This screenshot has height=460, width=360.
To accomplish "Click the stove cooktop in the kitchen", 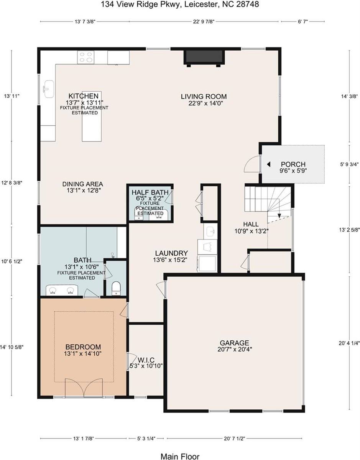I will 86,58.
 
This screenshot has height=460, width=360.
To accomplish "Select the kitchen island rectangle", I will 90,127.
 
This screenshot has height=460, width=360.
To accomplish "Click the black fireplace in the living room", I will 204,58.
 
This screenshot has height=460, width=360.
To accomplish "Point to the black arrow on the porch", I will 269,164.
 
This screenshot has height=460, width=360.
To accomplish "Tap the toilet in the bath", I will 116,289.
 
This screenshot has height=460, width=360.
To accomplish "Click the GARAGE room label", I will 234,343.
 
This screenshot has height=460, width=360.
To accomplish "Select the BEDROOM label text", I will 83,347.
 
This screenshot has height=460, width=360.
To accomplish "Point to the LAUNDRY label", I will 171,253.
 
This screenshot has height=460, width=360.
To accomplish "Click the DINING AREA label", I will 83,184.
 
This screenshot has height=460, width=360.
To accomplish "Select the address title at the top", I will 180,5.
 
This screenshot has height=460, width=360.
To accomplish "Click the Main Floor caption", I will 180,456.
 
